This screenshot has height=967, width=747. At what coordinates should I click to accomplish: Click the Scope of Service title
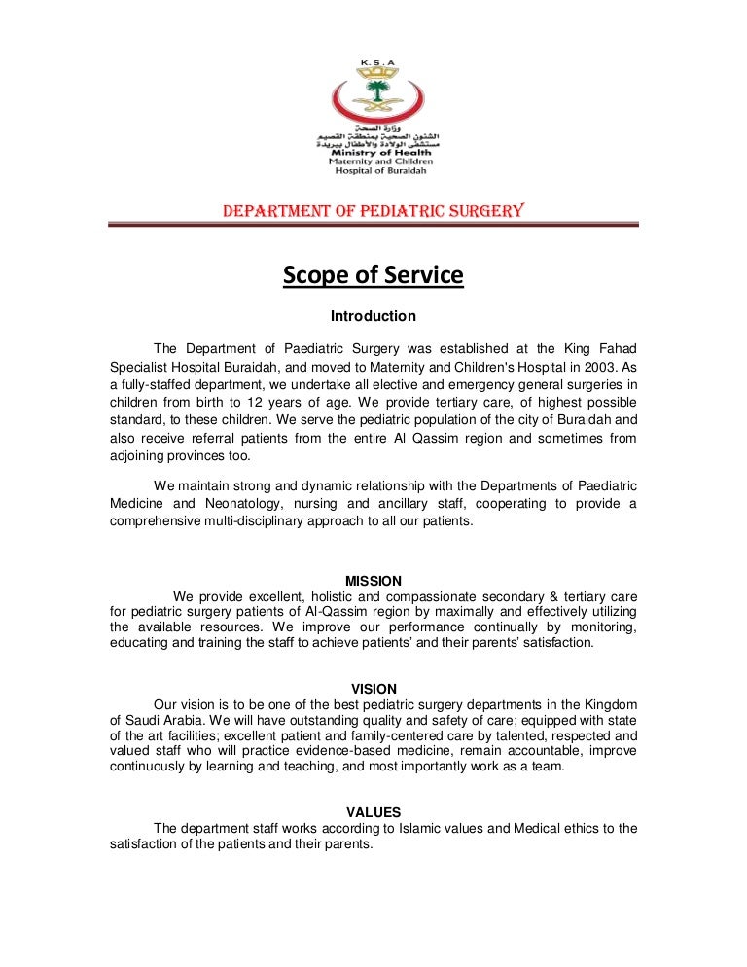point(373,276)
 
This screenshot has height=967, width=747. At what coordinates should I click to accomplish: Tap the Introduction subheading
point(373,316)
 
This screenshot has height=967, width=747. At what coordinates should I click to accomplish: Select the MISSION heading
point(373,581)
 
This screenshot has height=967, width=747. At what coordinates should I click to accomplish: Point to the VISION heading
point(373,689)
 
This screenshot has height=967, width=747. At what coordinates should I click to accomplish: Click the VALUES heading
point(373,812)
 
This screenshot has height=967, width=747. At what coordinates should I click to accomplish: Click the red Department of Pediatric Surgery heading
point(373,210)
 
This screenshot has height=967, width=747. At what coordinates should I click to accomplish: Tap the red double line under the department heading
point(373,225)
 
